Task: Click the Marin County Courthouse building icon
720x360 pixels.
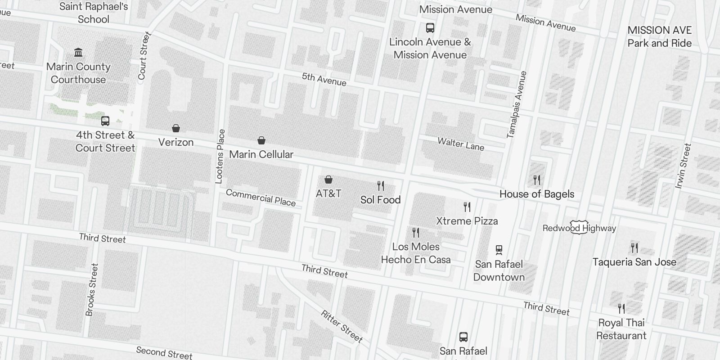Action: pyautogui.click(x=78, y=53)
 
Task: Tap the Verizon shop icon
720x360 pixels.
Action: pyautogui.click(x=176, y=129)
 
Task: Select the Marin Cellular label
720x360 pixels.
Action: pyautogui.click(x=261, y=154)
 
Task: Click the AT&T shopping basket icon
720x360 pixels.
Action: pyautogui.click(x=328, y=180)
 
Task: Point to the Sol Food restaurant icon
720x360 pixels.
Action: pyautogui.click(x=381, y=185)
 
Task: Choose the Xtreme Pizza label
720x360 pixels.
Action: pyautogui.click(x=467, y=221)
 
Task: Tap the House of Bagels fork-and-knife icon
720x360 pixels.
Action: pyautogui.click(x=537, y=180)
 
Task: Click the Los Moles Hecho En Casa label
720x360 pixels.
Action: pyautogui.click(x=416, y=253)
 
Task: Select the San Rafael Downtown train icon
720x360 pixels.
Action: pyautogui.click(x=499, y=250)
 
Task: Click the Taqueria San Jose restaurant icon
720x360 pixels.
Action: pyautogui.click(x=634, y=247)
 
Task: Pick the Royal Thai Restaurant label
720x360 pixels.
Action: pyautogui.click(x=621, y=329)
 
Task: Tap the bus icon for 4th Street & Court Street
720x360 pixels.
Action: pyautogui.click(x=105, y=121)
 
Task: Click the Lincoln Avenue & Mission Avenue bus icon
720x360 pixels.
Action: pyautogui.click(x=430, y=28)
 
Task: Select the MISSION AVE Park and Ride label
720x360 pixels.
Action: pyautogui.click(x=659, y=37)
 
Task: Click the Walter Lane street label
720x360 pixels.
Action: pyautogui.click(x=461, y=144)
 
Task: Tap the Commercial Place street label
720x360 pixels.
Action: pyautogui.click(x=261, y=198)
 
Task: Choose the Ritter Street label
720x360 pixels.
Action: pyautogui.click(x=342, y=326)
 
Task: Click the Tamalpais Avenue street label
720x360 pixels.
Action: pyautogui.click(x=516, y=104)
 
